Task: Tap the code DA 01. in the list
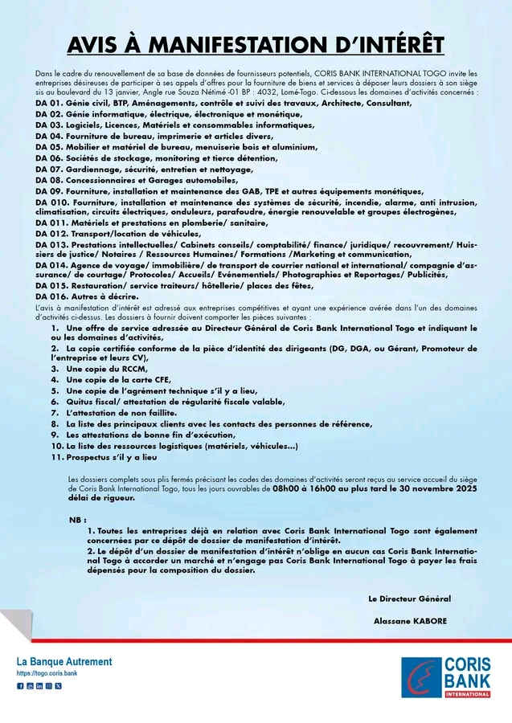(x=48, y=104)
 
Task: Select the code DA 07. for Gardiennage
(x=48, y=170)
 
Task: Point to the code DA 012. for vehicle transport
(x=51, y=233)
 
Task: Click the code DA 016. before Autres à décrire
(x=51, y=296)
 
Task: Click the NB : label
(x=78, y=520)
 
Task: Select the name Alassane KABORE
(x=410, y=621)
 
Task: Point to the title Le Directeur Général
(x=409, y=598)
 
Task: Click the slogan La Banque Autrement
(x=65, y=661)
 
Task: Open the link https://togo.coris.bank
(x=47, y=672)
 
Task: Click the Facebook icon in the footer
(x=21, y=686)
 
